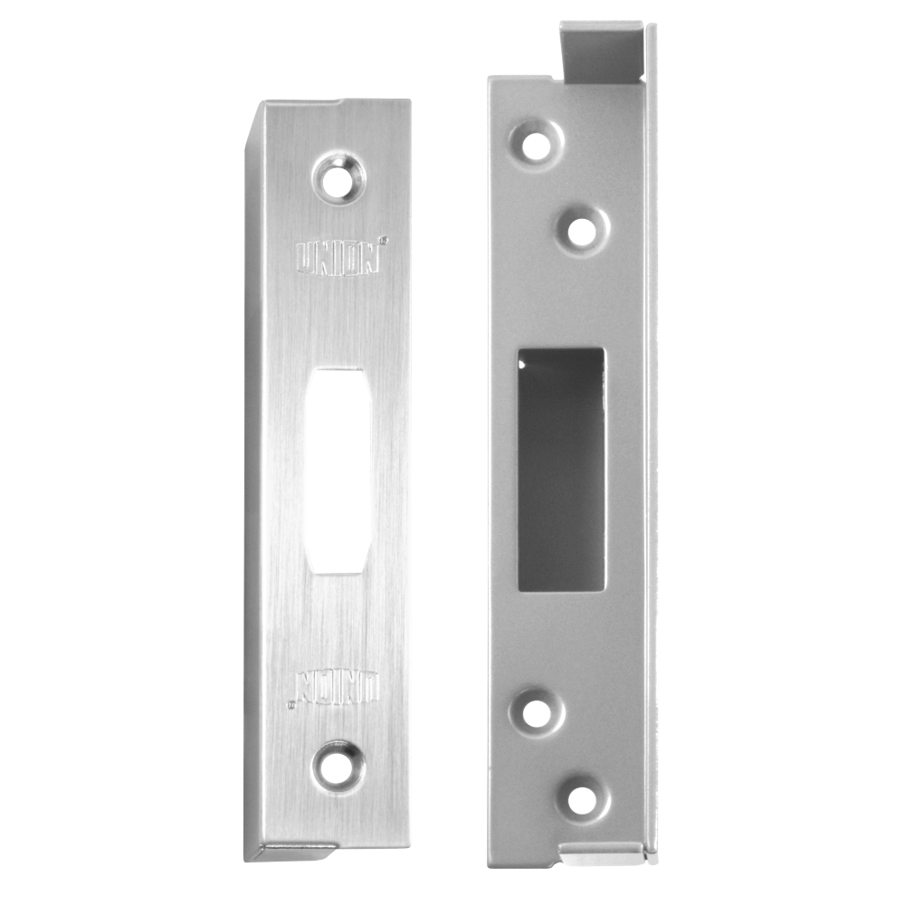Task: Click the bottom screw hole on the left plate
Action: (338, 766)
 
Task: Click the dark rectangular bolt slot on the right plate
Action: (561, 469)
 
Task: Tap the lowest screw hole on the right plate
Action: (582, 800)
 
